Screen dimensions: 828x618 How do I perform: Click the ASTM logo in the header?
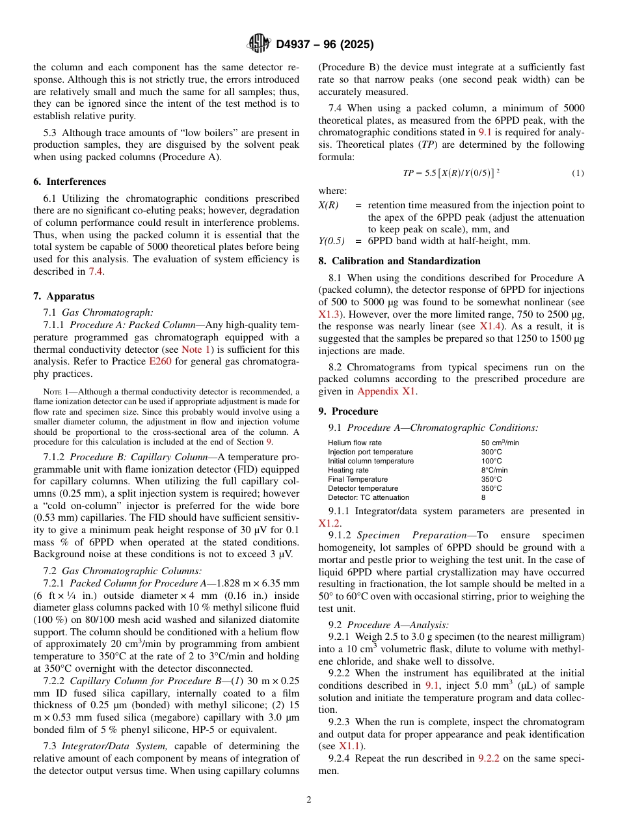coord(258,44)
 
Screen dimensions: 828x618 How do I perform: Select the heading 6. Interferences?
coord(70,182)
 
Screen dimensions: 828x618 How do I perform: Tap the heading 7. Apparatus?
coord(64,296)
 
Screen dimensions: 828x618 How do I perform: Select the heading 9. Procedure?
coord(348,411)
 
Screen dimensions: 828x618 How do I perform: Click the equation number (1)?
coord(578,172)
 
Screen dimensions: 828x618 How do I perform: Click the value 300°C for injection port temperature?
coord(491,452)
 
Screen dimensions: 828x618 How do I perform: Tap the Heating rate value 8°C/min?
coord(494,470)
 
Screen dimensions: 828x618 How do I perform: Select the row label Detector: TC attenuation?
coord(368,497)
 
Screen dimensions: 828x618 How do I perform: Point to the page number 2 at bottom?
coord(309,800)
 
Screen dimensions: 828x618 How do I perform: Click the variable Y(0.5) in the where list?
coord(331,241)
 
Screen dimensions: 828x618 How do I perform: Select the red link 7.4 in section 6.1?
coord(96,271)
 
